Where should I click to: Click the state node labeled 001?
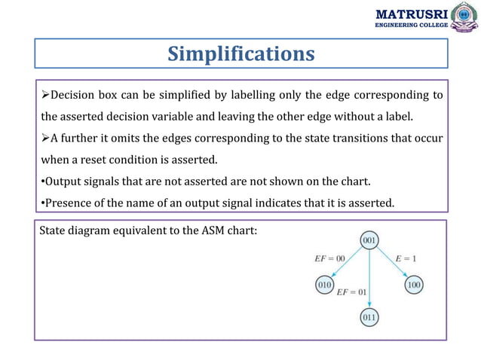click(369, 241)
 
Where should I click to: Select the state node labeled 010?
click(324, 285)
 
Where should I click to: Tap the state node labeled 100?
click(414, 285)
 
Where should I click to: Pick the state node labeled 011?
click(369, 317)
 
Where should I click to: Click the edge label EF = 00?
click(329, 258)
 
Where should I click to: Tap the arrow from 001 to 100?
click(391, 263)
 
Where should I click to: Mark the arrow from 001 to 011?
click(369, 279)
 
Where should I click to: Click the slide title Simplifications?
click(240, 53)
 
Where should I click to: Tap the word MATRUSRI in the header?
click(411, 14)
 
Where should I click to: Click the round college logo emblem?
click(464, 17)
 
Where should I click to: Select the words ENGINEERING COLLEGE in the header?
click(412, 25)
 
